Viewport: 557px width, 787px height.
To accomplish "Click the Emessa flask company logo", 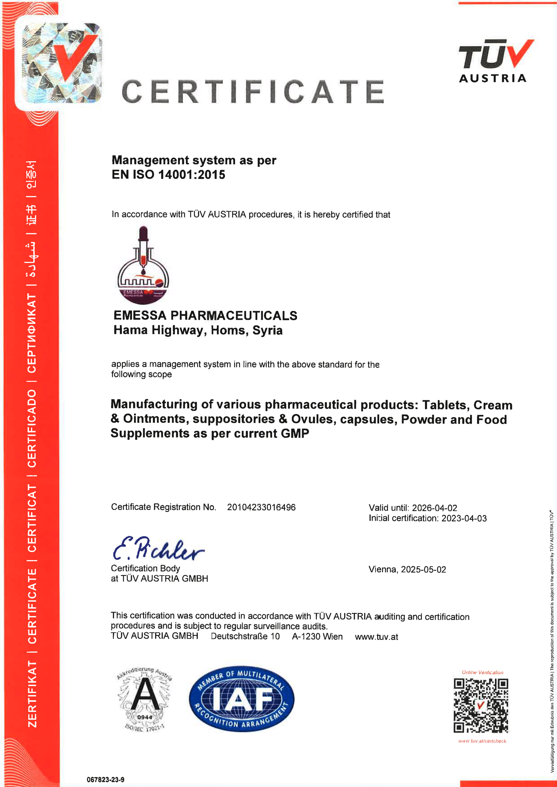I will coord(143,265).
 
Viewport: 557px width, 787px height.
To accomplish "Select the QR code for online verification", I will coord(481,705).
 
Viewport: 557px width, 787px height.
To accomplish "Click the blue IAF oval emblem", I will coord(241,699).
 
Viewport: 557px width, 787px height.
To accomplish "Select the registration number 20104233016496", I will coord(261,507).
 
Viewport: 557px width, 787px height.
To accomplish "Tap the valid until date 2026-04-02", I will coord(434,508).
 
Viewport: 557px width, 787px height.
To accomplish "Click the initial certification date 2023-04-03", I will coord(464,518).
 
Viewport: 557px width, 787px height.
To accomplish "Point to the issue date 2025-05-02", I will coord(423,569).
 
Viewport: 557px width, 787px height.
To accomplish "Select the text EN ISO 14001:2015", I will coord(168,175).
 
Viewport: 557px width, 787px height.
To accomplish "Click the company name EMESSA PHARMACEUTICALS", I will coord(205,315).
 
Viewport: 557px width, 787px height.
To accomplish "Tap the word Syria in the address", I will coord(267,330).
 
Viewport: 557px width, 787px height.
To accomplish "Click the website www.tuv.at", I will coord(376,637).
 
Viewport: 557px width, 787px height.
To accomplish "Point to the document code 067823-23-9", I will coord(105,780).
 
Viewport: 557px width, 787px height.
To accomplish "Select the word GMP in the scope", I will coord(295,434).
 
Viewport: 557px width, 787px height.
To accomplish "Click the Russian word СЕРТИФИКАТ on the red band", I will coord(32,333).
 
